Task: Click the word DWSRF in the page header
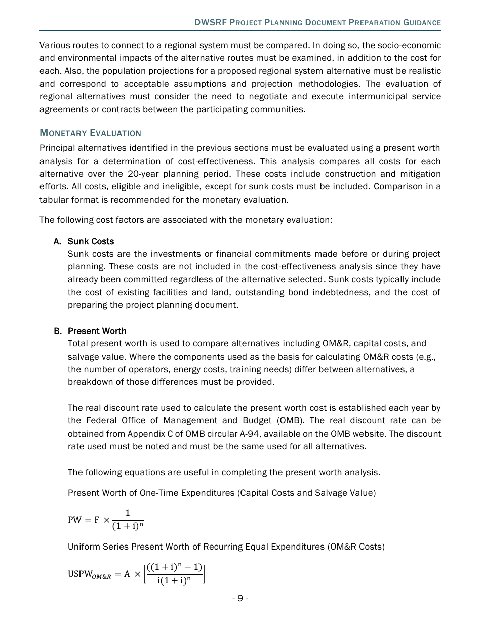210,23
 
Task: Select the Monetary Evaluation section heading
90,133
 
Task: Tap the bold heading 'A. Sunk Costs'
84,241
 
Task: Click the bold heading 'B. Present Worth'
90,331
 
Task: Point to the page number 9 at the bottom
240,598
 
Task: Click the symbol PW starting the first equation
74,520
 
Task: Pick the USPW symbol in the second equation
79,574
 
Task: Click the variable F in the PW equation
96,520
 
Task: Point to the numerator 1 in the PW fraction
128,513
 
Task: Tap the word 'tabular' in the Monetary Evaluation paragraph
53,200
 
